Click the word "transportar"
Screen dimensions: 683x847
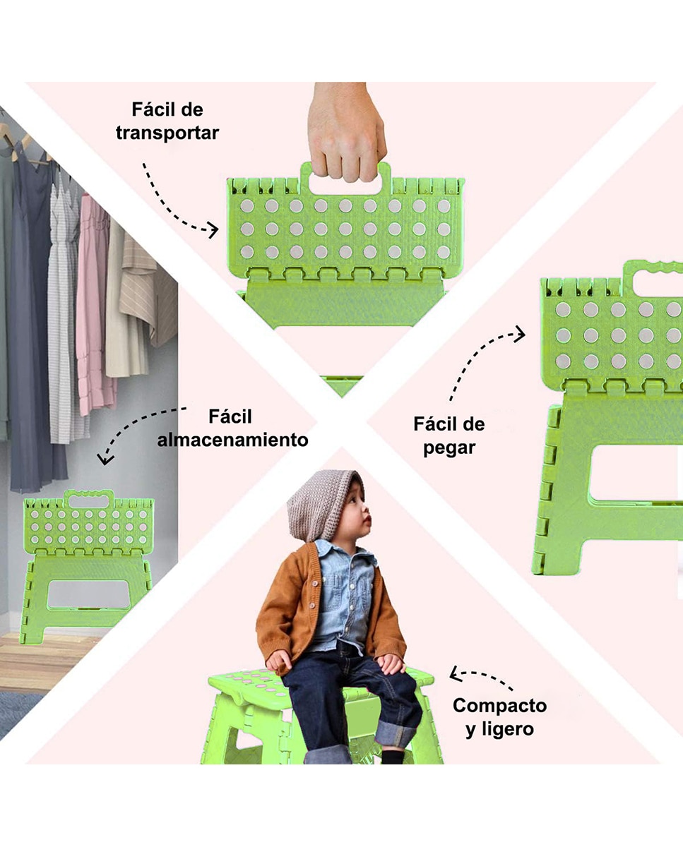(x=167, y=133)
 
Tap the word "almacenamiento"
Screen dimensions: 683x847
(x=232, y=440)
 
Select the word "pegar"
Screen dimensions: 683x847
(x=449, y=448)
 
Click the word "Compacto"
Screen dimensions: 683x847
(x=499, y=705)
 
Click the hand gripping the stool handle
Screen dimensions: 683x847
(x=346, y=132)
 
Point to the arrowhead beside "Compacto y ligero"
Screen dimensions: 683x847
(x=456, y=674)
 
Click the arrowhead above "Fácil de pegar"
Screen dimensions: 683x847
(x=520, y=334)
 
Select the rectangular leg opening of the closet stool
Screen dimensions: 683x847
(x=89, y=594)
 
